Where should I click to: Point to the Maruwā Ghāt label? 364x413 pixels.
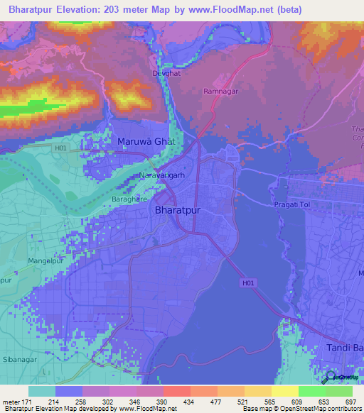pos(146,141)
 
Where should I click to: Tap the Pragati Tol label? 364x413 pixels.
pos(292,204)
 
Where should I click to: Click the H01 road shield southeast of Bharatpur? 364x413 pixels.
pos(247,282)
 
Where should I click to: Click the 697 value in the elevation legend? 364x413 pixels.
pos(350,402)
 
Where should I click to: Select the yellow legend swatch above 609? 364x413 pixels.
pos(284,391)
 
